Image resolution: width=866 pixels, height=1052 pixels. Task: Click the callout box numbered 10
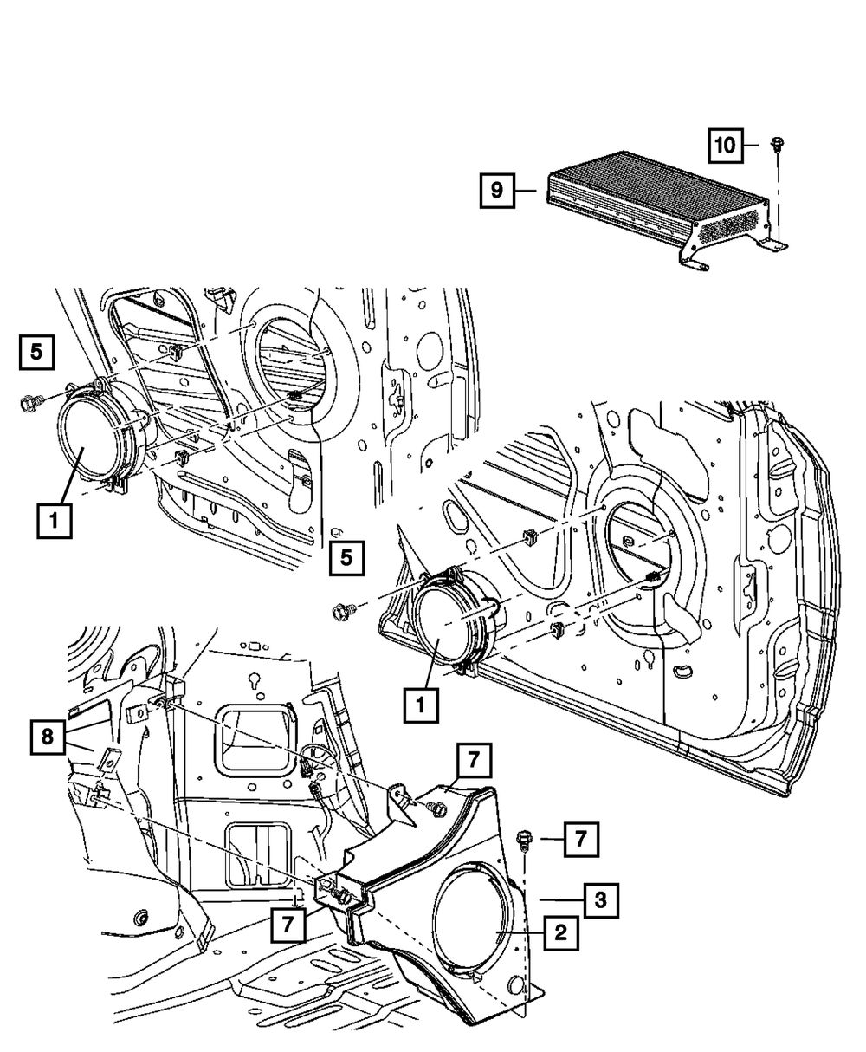point(726,146)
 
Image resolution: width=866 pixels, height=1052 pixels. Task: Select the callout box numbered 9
point(497,191)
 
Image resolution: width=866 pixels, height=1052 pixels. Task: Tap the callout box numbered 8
point(48,737)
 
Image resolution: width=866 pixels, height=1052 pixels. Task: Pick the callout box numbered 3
point(601,899)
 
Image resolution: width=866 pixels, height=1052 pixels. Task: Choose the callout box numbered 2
point(560,932)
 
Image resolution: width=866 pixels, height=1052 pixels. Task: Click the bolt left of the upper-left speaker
point(29,403)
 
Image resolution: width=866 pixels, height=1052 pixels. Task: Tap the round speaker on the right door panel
point(456,620)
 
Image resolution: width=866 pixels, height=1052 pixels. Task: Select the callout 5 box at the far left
point(36,352)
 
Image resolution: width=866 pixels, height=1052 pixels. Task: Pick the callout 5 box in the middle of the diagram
point(347,558)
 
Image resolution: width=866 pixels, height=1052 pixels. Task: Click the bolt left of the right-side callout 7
point(523,839)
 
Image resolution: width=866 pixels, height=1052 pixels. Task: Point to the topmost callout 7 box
point(475,760)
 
